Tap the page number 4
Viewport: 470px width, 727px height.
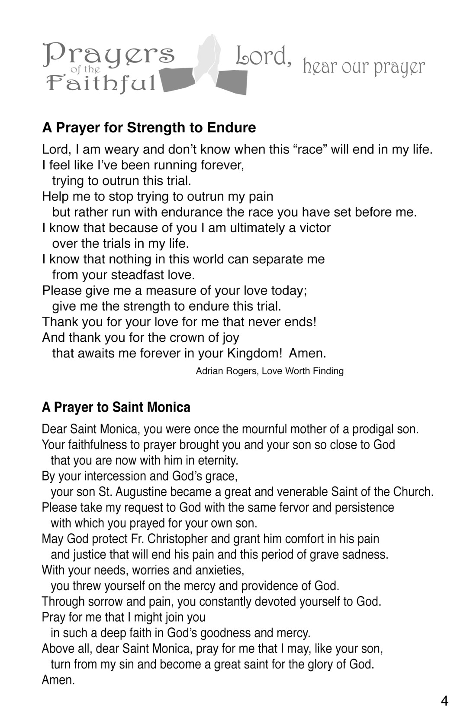(x=444, y=701)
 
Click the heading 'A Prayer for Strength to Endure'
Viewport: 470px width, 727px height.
(x=149, y=128)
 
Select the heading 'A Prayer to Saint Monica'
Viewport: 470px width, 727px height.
(x=116, y=407)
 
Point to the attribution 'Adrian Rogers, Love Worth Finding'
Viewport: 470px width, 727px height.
(x=270, y=371)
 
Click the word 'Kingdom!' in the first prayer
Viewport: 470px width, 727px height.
(x=254, y=353)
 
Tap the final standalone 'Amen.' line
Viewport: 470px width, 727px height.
(x=58, y=680)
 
